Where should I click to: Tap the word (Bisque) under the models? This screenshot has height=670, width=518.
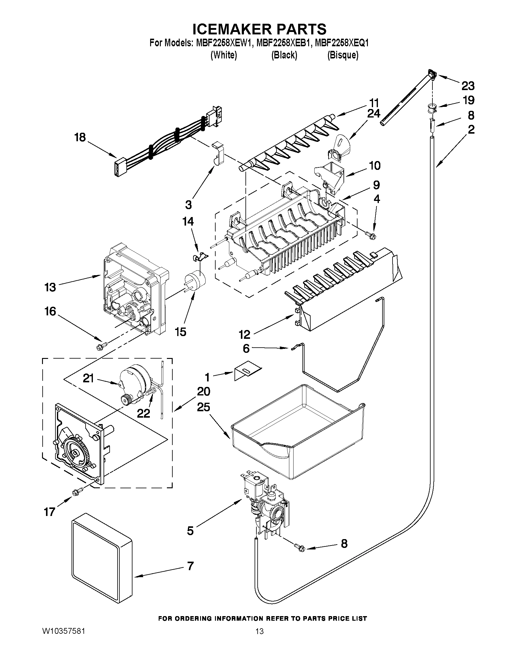(x=343, y=55)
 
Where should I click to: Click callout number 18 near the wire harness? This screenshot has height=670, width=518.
(x=80, y=137)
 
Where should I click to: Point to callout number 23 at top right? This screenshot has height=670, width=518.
(x=468, y=86)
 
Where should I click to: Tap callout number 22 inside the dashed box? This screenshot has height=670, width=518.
(x=143, y=413)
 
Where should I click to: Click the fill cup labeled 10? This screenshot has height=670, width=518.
(x=330, y=173)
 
